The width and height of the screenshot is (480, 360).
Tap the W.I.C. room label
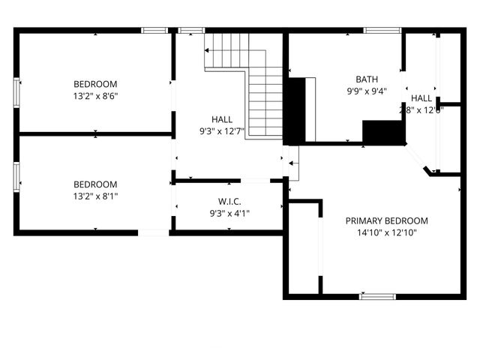[229, 201]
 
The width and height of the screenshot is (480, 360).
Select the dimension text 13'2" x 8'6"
[95, 96]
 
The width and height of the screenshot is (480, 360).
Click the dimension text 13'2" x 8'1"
[95, 196]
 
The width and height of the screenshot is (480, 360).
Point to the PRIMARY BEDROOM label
[386, 220]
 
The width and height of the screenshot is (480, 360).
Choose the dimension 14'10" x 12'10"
[386, 232]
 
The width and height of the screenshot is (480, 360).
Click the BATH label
[367, 79]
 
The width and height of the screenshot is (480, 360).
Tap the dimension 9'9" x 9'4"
[367, 91]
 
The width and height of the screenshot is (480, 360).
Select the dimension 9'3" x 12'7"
[221, 132]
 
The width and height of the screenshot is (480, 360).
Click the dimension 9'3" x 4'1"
[229, 214]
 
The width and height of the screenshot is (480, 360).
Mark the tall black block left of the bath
[297, 110]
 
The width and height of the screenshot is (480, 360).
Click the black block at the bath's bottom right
[384, 132]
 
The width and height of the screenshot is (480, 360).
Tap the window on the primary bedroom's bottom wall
[377, 296]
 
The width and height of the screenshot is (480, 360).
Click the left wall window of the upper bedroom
[16, 91]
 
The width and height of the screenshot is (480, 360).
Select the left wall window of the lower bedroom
[16, 178]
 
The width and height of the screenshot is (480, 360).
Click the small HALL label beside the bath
[421, 98]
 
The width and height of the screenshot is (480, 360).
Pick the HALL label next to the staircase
[221, 119]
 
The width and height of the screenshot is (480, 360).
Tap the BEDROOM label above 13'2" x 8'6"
[95, 84]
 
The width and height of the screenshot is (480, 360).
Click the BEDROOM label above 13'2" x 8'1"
[95, 184]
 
